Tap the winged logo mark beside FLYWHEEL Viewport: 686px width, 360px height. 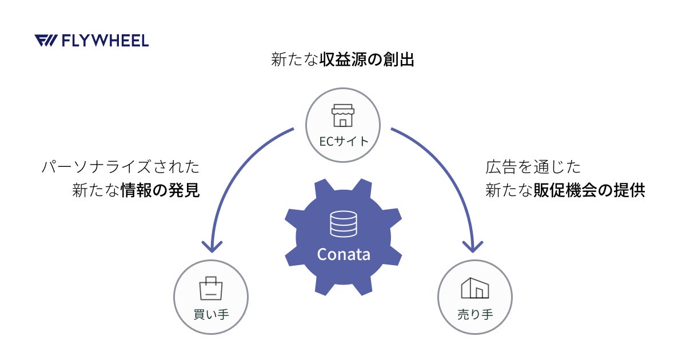click(x=45, y=41)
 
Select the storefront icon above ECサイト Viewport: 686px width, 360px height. click(x=343, y=115)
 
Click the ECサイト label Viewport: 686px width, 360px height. click(x=343, y=141)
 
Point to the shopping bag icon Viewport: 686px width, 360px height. click(x=210, y=288)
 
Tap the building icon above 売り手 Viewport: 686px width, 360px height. click(x=475, y=288)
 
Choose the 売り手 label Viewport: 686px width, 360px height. click(x=475, y=314)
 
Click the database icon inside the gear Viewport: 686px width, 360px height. click(x=343, y=224)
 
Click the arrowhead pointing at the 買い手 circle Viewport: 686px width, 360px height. click(x=212, y=246)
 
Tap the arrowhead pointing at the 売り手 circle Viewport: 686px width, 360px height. click(x=473, y=246)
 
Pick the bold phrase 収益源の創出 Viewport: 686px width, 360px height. click(x=366, y=60)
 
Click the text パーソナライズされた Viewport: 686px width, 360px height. click(x=121, y=167)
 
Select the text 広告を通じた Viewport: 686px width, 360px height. click(x=533, y=167)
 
